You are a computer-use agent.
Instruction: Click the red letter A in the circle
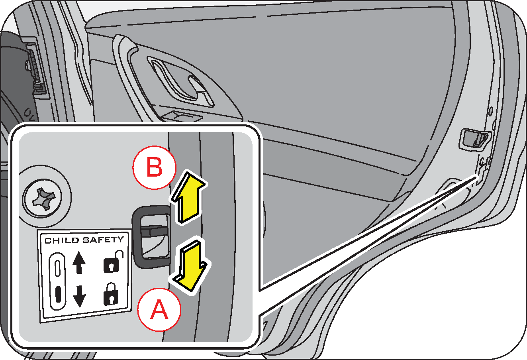159,309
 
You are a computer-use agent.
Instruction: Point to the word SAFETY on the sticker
103,240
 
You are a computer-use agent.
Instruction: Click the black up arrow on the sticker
79,263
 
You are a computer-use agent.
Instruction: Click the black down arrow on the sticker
79,295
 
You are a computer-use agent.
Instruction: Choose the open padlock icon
112,263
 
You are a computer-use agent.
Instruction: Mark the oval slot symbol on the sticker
58,281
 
